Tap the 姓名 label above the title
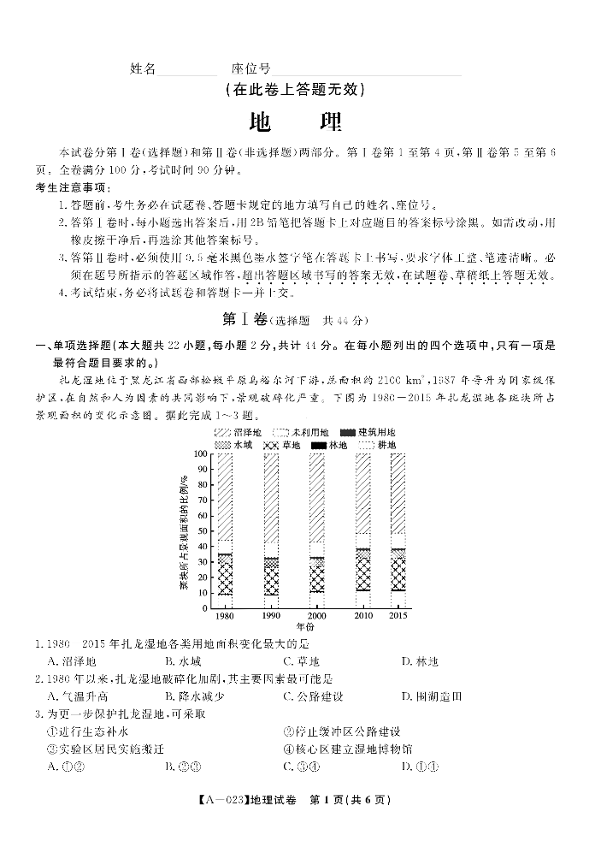click(143, 68)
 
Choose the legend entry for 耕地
click(376, 445)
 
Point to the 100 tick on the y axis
click(202, 453)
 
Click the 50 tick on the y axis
click(204, 530)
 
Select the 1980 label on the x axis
click(225, 616)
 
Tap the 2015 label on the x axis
click(398, 616)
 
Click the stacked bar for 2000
click(316, 530)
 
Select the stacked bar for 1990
click(271, 530)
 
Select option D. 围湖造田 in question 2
click(432, 696)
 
